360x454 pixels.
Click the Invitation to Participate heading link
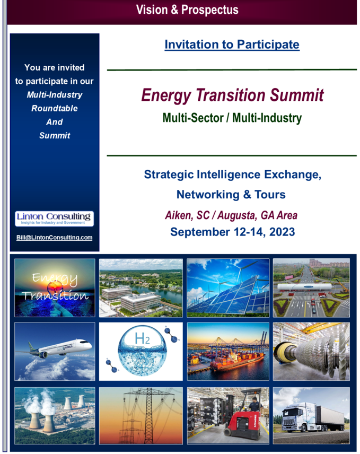(232, 45)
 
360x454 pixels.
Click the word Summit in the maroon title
(296, 95)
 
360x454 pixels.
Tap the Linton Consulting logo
(55, 219)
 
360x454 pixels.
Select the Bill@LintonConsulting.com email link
(55, 238)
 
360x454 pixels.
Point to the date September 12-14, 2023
(232, 232)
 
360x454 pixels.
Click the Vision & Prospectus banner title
(187, 10)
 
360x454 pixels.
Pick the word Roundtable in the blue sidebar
(55, 108)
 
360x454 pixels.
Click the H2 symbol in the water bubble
(143, 338)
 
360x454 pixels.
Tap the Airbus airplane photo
(55, 351)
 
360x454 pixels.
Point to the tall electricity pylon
(148, 415)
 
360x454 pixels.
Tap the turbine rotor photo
(311, 352)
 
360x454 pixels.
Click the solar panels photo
(228, 288)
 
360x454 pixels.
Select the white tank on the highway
(304, 287)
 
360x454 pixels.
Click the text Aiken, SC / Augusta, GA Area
(231, 215)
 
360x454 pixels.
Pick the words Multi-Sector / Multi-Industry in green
(232, 118)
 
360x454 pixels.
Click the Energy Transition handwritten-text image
(55, 287)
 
